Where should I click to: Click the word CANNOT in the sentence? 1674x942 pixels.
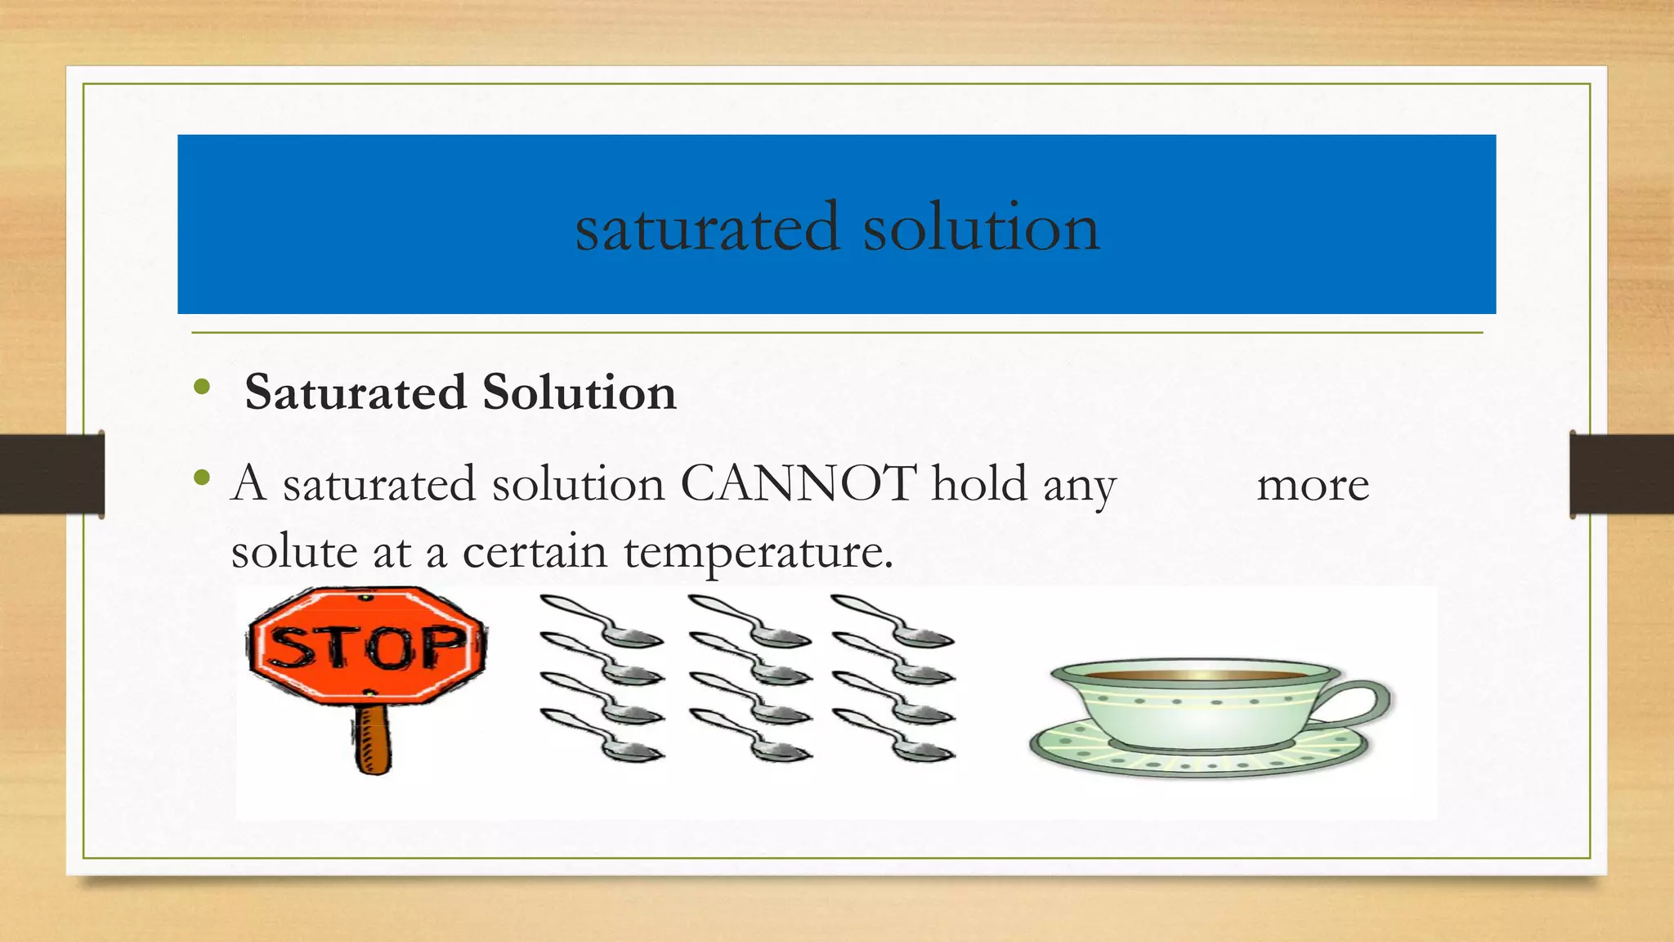tap(798, 484)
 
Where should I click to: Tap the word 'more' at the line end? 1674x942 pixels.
tap(1312, 486)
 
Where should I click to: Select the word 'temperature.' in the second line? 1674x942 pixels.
tap(759, 553)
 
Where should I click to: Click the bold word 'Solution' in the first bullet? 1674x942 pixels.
tap(579, 392)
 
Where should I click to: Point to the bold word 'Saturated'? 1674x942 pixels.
tap(356, 392)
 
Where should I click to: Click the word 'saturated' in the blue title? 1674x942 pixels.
tap(707, 227)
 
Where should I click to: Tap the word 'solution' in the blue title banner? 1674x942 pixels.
tap(981, 227)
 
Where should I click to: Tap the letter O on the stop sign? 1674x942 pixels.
tap(391, 648)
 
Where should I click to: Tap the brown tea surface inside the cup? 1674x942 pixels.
tap(1197, 675)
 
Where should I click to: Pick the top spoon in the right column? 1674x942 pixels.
tap(893, 621)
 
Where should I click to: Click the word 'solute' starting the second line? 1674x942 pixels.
tap(293, 553)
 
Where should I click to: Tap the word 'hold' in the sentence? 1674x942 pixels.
tap(978, 484)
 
